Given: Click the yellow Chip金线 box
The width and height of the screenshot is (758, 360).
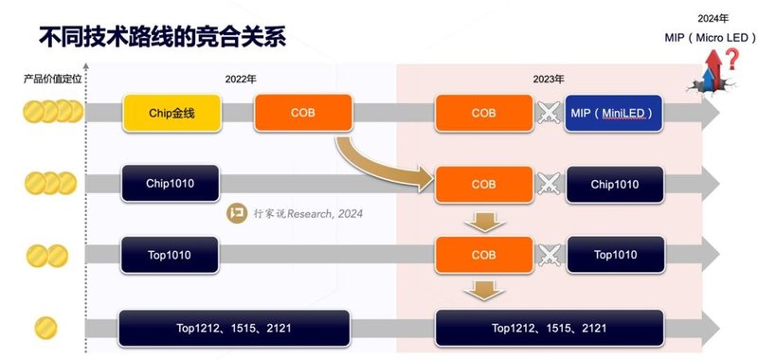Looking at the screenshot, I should [x=171, y=113].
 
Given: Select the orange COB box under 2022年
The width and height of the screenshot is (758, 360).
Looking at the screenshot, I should [x=303, y=113].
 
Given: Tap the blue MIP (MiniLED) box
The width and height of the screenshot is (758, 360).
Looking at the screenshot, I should [x=626, y=113].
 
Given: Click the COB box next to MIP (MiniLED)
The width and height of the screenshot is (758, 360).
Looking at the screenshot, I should [x=483, y=113].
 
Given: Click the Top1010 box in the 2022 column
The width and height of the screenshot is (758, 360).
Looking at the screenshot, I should [x=171, y=255].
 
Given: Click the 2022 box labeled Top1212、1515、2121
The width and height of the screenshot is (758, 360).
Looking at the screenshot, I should [x=236, y=328].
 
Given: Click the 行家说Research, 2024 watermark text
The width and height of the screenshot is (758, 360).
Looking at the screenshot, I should [x=309, y=214].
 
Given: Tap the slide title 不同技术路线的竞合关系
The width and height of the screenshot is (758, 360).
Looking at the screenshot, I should [x=161, y=39].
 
